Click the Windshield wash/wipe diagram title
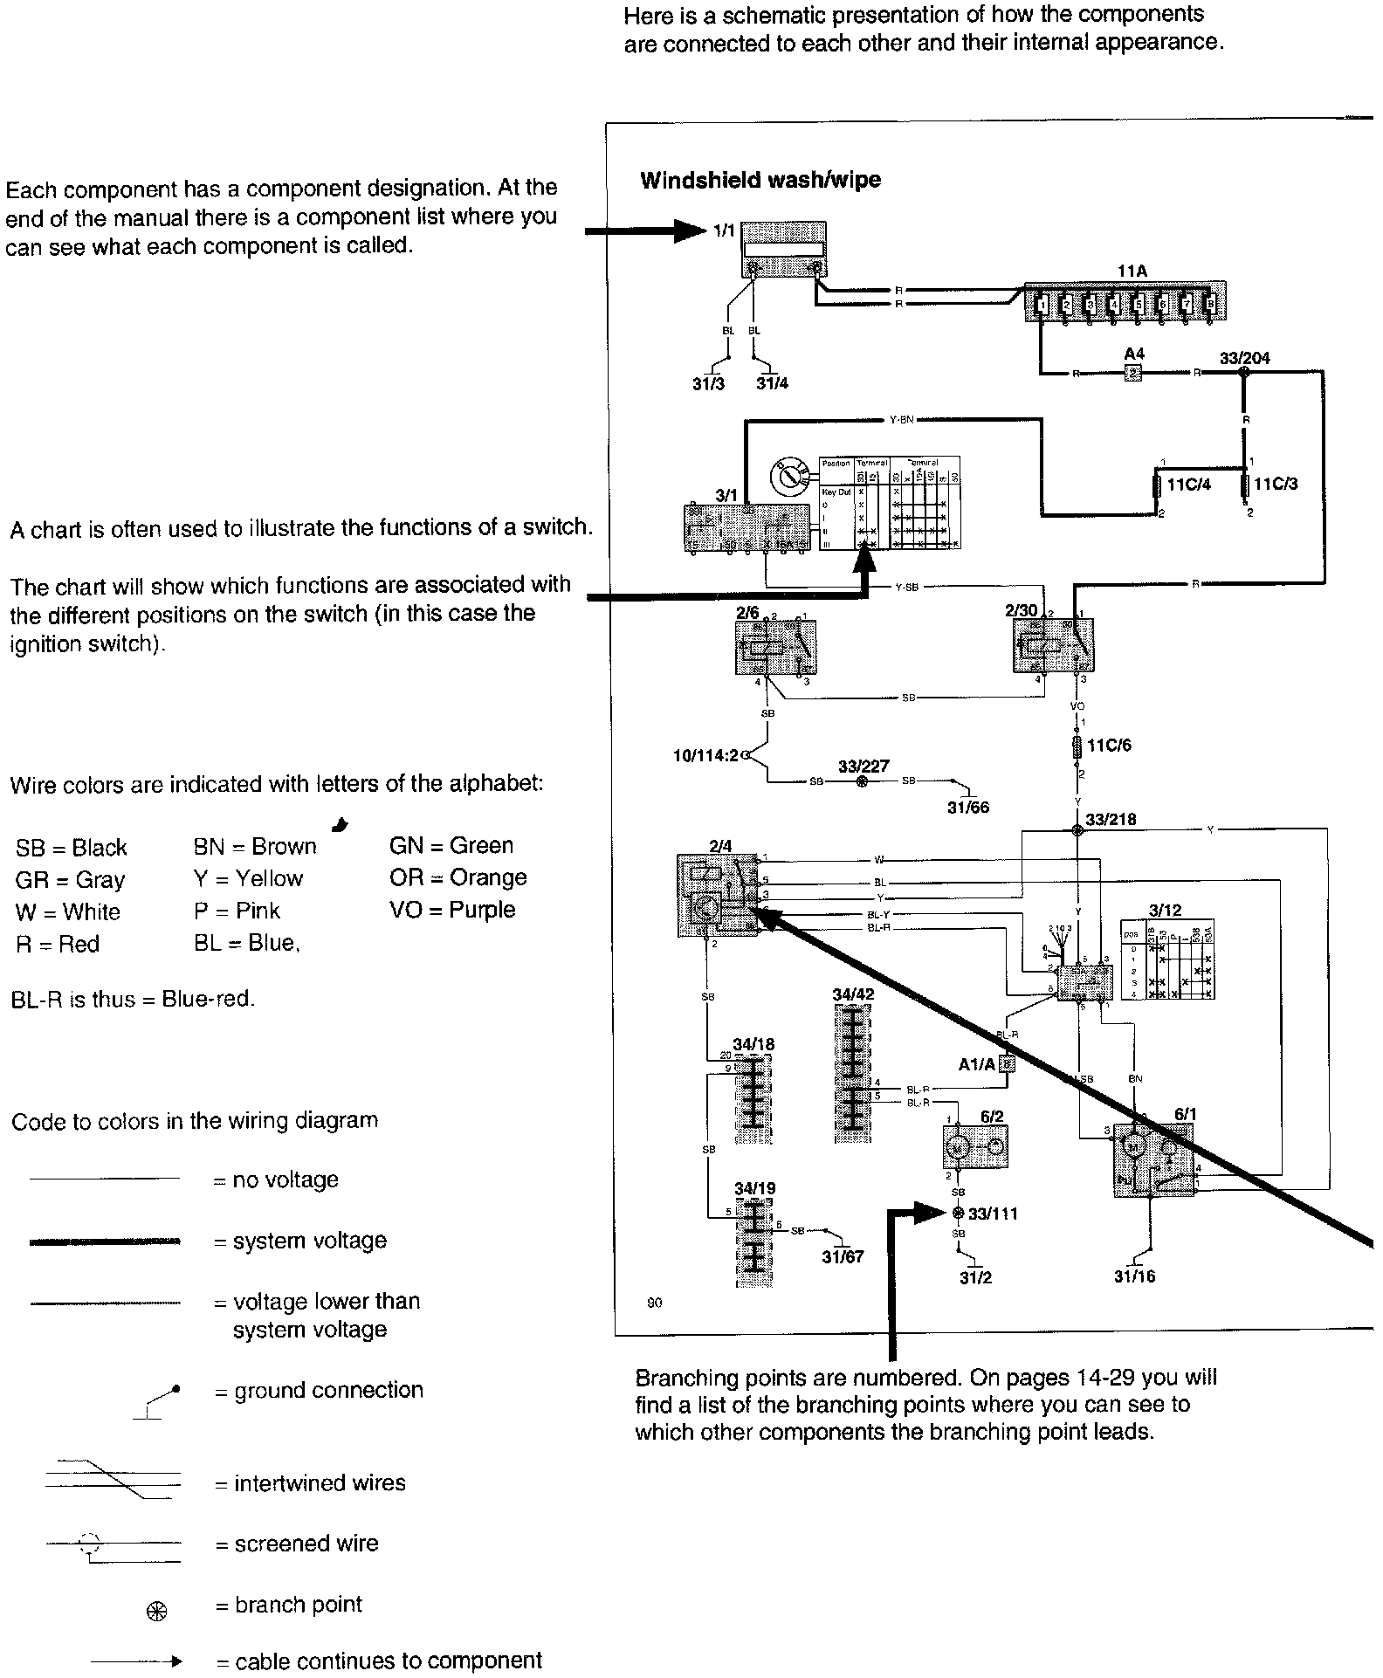click(x=760, y=181)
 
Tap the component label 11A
click(x=1132, y=272)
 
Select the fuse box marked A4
click(x=1133, y=373)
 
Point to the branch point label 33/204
click(x=1244, y=358)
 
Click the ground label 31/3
click(x=708, y=383)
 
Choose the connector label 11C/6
click(x=1109, y=746)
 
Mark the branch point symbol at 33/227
click(x=863, y=781)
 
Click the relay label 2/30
click(x=1021, y=610)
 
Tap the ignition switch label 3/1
click(x=726, y=495)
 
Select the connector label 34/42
click(x=853, y=994)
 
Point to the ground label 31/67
click(x=843, y=1256)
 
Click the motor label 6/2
click(x=991, y=1117)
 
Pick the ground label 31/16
click(x=1134, y=1276)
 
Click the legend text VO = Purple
click(x=452, y=910)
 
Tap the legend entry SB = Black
click(x=71, y=848)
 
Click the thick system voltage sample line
click(x=105, y=1241)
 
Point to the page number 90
click(x=654, y=1303)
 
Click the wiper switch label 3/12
click(x=1165, y=911)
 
